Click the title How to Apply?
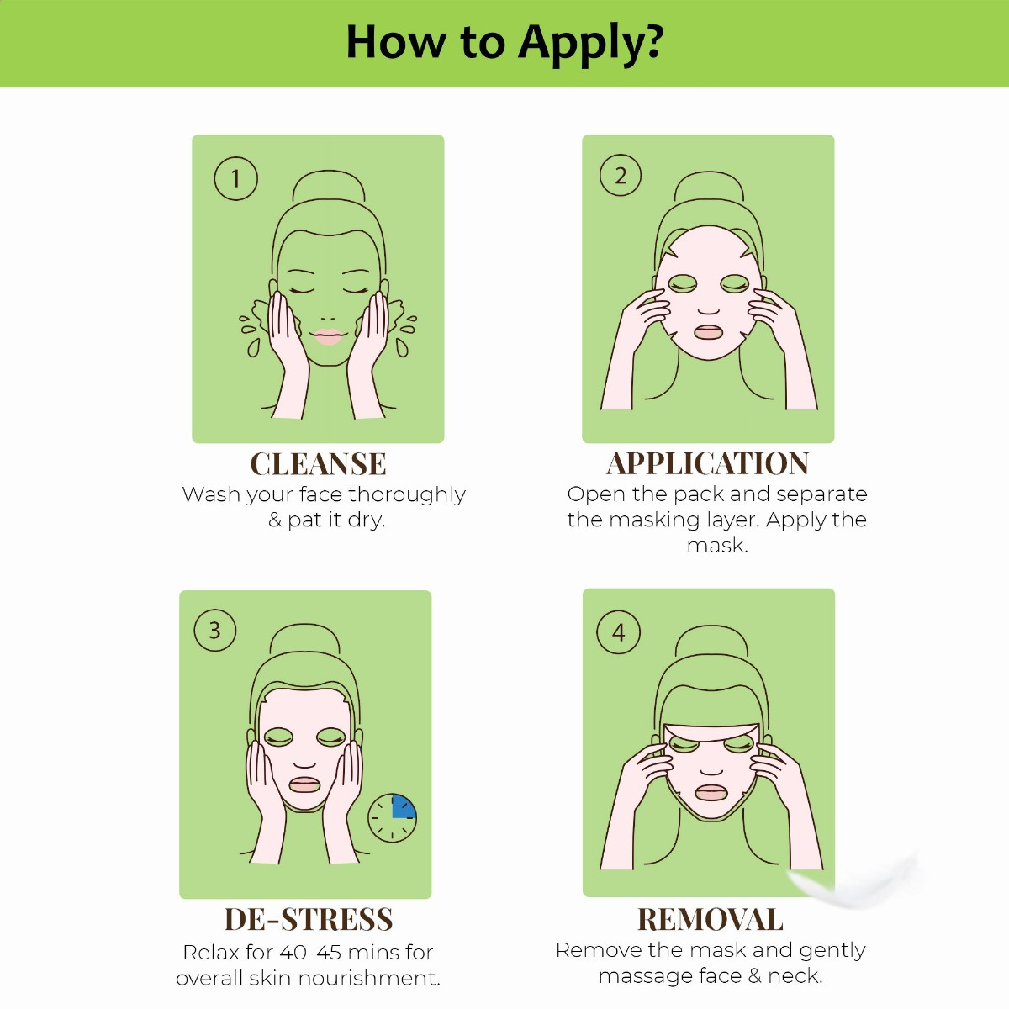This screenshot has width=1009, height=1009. pyautogui.click(x=504, y=43)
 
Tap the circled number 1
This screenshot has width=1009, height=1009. pyautogui.click(x=235, y=178)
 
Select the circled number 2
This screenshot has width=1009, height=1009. pyautogui.click(x=621, y=175)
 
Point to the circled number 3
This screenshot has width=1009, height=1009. pyautogui.click(x=214, y=630)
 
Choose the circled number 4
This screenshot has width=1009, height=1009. pyautogui.click(x=618, y=632)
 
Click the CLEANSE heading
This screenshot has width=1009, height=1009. pyautogui.click(x=319, y=464)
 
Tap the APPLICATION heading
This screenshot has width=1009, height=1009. pyautogui.click(x=708, y=463)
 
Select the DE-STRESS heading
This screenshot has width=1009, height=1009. pyautogui.click(x=309, y=920)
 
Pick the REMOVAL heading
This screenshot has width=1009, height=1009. pyautogui.click(x=710, y=920)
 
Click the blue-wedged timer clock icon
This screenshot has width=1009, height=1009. pyautogui.click(x=392, y=818)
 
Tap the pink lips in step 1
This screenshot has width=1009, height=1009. pyautogui.click(x=328, y=336)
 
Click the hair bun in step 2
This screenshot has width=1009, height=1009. pyautogui.click(x=709, y=188)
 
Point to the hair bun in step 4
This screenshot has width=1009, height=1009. pyautogui.click(x=710, y=641)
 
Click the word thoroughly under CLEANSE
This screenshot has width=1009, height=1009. pyautogui.click(x=407, y=494)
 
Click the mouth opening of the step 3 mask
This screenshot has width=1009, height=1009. pyautogui.click(x=304, y=785)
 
